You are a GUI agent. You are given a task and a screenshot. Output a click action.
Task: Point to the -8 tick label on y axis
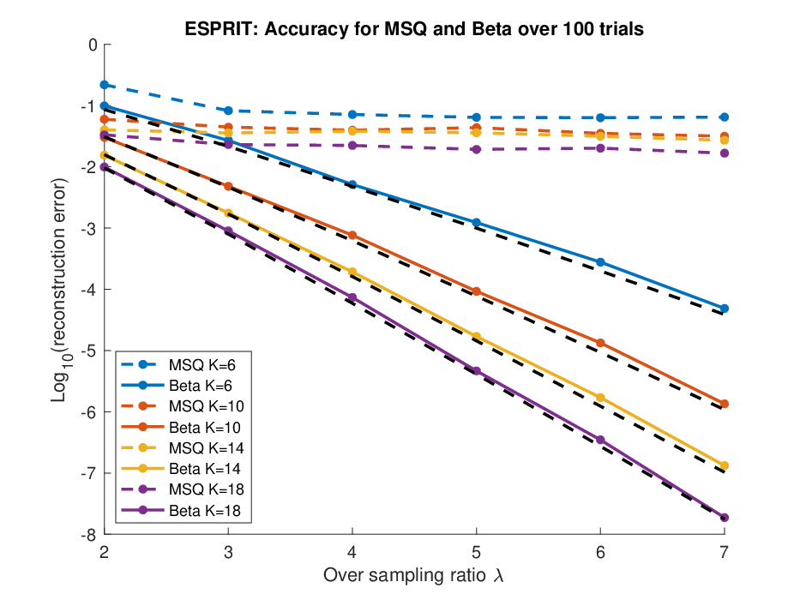(89, 535)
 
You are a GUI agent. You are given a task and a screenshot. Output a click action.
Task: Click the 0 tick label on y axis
(93, 45)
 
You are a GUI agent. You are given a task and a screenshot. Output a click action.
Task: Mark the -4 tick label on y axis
(89, 290)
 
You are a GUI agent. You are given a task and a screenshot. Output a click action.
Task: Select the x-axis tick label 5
(476, 551)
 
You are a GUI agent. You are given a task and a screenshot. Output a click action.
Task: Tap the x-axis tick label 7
(724, 551)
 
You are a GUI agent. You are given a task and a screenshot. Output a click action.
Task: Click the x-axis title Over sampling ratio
(405, 575)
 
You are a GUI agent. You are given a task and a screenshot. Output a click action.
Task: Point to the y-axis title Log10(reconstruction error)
(60, 290)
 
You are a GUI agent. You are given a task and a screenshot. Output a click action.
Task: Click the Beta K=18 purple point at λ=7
(724, 518)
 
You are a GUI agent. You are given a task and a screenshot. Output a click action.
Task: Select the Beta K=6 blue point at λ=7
(724, 309)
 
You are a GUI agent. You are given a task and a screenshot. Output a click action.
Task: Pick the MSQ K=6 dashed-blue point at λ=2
(105, 85)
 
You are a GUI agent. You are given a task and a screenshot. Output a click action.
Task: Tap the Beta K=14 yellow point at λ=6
(600, 398)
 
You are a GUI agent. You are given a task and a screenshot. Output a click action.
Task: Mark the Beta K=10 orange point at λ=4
(352, 235)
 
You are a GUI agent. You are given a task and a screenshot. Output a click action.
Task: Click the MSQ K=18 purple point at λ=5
(476, 149)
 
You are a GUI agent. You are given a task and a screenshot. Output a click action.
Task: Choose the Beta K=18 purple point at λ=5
(476, 371)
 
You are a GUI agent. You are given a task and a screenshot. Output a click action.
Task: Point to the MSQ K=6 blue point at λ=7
(724, 117)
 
